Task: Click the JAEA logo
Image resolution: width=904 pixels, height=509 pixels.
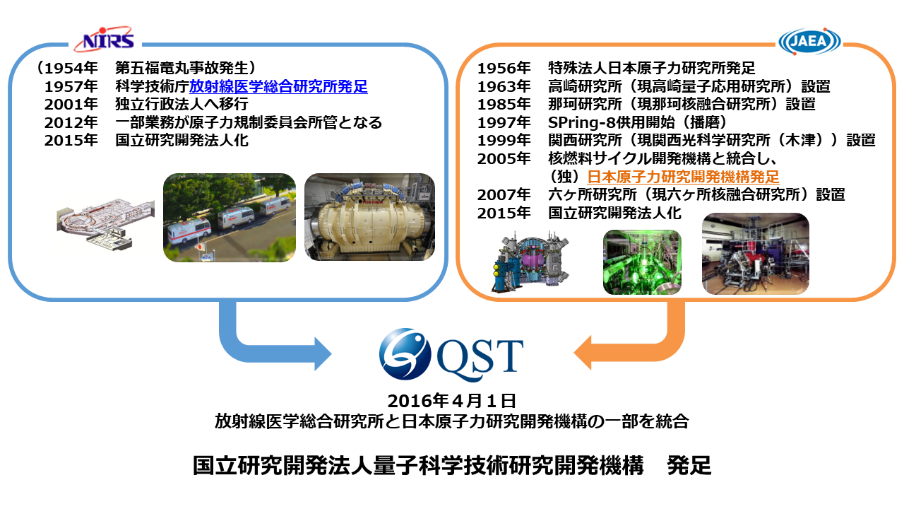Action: (x=809, y=41)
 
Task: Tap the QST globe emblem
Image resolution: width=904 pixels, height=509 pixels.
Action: (x=405, y=354)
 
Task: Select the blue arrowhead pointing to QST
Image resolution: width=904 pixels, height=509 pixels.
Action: (x=323, y=354)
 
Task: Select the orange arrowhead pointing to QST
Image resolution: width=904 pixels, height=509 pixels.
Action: (x=583, y=353)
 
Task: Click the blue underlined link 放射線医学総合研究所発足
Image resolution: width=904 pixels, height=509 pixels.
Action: (x=278, y=86)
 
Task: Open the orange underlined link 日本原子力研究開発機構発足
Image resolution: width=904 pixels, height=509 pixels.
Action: (x=683, y=177)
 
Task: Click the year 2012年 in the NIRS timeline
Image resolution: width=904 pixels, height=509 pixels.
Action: (x=71, y=122)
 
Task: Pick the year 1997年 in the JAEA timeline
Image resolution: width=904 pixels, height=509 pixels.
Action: (x=504, y=122)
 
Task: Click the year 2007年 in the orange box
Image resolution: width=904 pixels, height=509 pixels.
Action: (x=504, y=195)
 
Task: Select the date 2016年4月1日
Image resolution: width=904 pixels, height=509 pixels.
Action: (x=452, y=401)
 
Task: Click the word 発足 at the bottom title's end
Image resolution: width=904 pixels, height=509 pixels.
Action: (x=689, y=465)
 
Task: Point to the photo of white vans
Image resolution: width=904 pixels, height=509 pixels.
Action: (x=230, y=218)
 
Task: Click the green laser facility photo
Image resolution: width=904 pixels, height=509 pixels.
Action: (x=642, y=262)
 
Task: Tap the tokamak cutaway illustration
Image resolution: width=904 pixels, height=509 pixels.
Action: (x=530, y=262)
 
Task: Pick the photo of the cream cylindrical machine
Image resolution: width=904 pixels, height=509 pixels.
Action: (x=369, y=217)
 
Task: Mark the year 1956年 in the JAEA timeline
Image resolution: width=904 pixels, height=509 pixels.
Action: (x=504, y=68)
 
